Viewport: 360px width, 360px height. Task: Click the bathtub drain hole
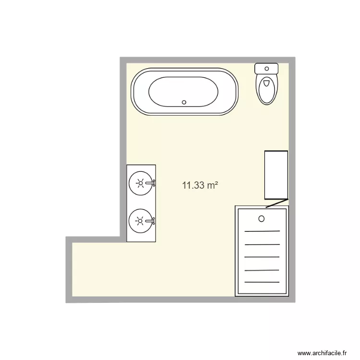184,102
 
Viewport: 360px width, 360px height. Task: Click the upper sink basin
140,183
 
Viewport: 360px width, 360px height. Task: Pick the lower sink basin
140,220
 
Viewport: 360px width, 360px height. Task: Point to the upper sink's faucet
152,183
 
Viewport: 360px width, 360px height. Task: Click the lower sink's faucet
152,220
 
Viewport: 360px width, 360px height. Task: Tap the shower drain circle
262,219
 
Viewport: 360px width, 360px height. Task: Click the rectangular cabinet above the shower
276,175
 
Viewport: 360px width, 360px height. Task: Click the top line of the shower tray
262,231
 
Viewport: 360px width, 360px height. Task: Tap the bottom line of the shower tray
262,282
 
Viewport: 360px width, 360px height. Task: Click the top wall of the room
206,60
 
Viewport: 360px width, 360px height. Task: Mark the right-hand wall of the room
291,144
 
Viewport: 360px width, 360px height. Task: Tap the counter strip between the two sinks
142,202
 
